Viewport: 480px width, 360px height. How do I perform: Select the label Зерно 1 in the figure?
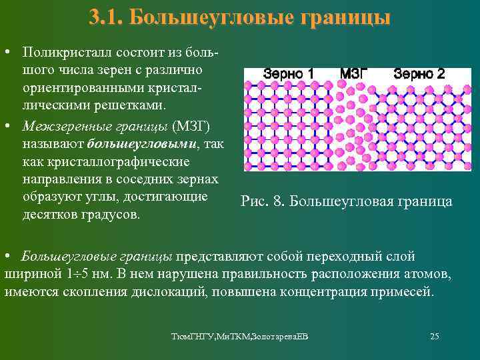click(x=289, y=73)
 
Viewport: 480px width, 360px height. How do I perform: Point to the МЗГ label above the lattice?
click(x=353, y=73)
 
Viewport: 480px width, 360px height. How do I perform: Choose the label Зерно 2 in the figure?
click(x=419, y=73)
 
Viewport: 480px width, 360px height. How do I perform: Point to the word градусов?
click(x=109, y=215)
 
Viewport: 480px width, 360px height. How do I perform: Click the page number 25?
click(x=434, y=336)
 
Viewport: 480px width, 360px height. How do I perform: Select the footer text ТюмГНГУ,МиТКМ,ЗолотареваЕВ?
click(x=239, y=337)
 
